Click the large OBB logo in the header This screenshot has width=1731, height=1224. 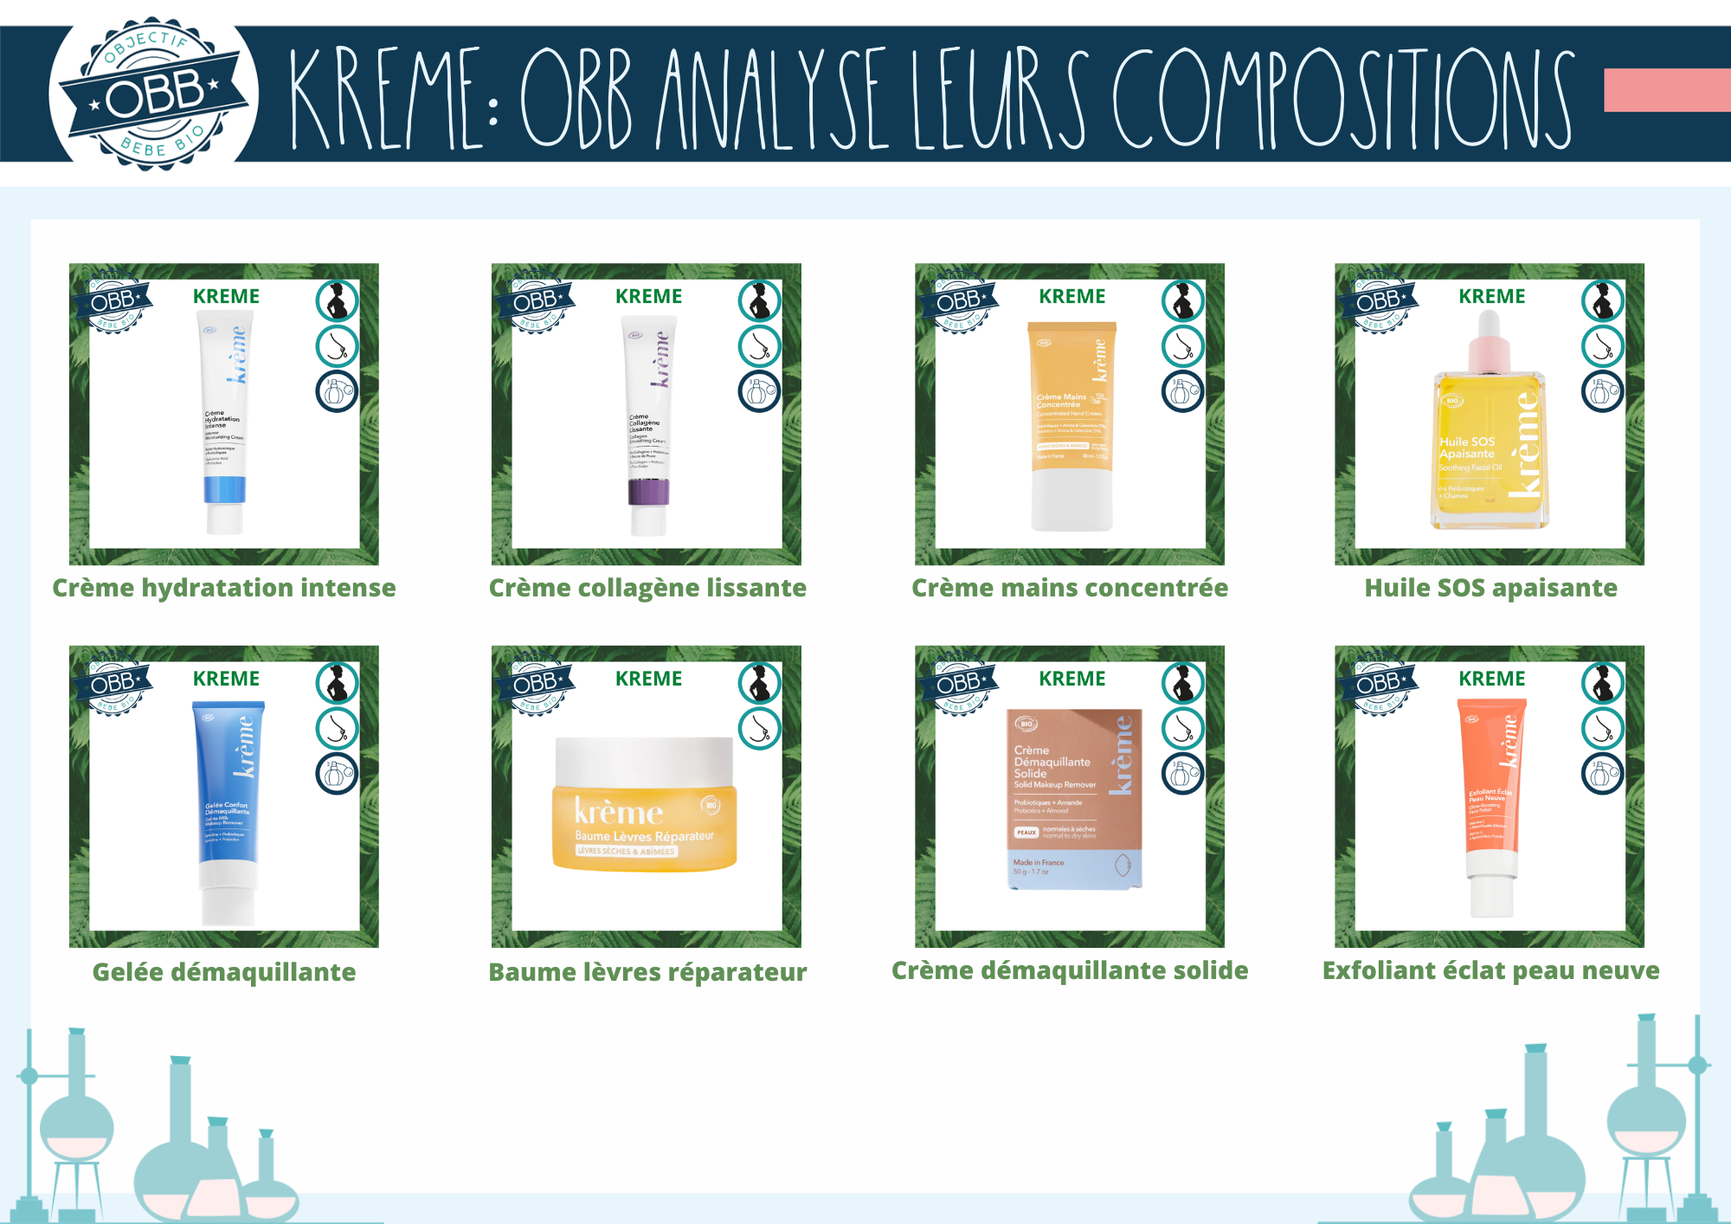154,93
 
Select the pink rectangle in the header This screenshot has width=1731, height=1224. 1666,91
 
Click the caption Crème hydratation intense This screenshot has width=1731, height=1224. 224,588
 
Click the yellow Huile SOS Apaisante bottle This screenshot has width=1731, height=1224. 1490,441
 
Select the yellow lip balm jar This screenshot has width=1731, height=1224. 644,804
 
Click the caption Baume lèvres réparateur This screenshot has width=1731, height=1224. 647,972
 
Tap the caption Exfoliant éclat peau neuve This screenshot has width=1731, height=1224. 1490,970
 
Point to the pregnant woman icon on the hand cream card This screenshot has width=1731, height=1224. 1182,301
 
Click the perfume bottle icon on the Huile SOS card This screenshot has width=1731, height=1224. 1602,391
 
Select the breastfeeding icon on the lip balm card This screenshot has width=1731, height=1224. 759,728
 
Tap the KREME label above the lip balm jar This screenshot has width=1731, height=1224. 648,679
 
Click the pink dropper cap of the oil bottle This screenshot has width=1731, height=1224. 1489,342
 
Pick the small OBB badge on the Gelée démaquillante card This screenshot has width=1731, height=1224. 113,683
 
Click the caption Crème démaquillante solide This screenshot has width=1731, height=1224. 1070,970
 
